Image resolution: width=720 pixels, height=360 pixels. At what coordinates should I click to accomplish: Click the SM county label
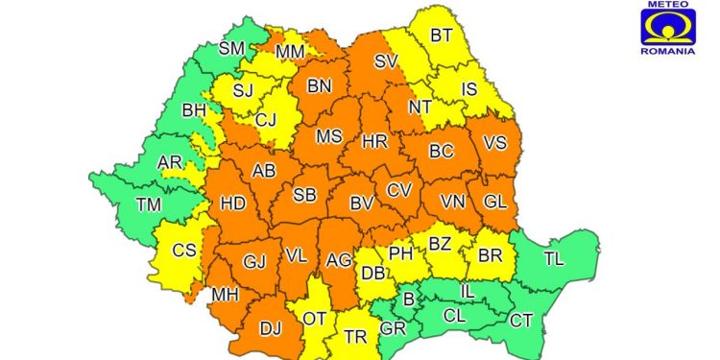[231, 48]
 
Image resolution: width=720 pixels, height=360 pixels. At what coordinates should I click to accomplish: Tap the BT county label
[441, 36]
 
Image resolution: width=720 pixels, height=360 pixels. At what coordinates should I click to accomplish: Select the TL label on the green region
[555, 257]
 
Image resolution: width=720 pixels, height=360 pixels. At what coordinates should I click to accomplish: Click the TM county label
[149, 204]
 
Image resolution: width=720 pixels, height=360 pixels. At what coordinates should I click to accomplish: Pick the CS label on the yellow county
[182, 251]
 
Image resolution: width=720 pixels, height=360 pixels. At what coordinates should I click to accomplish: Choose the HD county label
[233, 204]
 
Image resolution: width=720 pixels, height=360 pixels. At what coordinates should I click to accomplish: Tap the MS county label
[329, 136]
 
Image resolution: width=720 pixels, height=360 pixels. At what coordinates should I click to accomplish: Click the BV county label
[361, 203]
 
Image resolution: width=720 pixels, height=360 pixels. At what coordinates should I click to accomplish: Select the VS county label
[495, 142]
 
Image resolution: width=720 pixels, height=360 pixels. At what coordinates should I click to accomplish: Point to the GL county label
[494, 203]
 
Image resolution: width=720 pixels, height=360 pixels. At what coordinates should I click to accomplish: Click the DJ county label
[270, 328]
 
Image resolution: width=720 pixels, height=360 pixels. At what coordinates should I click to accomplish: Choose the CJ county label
[266, 120]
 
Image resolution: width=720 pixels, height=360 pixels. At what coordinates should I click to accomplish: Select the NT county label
[420, 107]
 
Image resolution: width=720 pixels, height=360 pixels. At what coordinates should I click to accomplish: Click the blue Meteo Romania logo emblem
[667, 27]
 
